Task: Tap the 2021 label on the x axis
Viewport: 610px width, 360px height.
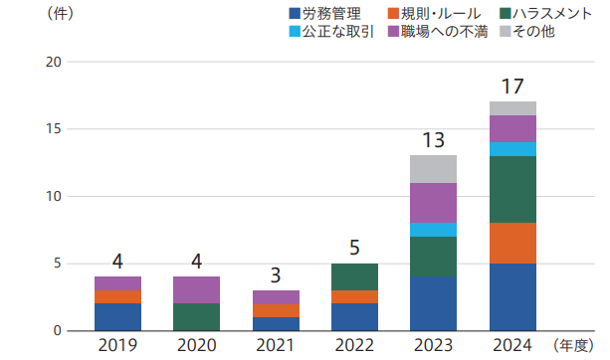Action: (276, 345)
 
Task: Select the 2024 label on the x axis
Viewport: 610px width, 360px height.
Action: (512, 345)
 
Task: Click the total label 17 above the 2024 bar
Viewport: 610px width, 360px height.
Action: (512, 87)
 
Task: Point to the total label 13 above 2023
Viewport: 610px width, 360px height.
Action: (433, 140)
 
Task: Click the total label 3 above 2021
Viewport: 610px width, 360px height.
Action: (276, 274)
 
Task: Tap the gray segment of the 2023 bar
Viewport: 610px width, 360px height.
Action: (433, 169)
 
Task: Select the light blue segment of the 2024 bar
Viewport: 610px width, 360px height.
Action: (512, 149)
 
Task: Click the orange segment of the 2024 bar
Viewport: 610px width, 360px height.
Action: (512, 244)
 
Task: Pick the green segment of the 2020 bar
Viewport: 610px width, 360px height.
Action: (197, 317)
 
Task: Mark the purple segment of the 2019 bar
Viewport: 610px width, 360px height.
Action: (117, 283)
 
